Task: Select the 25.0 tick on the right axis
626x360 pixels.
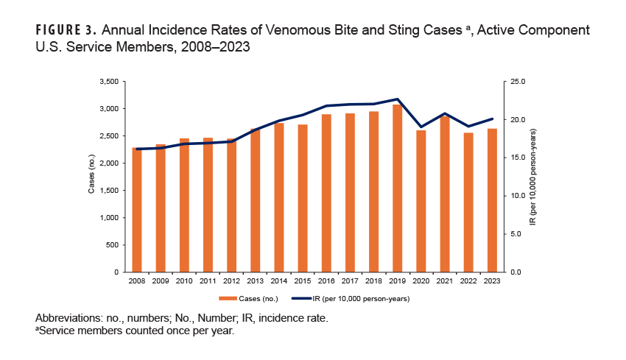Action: coord(516,81)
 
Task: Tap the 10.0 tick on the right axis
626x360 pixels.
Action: coord(516,196)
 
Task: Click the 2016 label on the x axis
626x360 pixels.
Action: coord(326,281)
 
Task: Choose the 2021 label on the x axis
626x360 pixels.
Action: coord(444,281)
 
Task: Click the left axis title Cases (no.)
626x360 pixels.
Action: coord(91,177)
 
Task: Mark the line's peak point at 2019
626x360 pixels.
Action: coord(397,99)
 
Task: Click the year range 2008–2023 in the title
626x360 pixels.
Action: coord(214,49)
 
